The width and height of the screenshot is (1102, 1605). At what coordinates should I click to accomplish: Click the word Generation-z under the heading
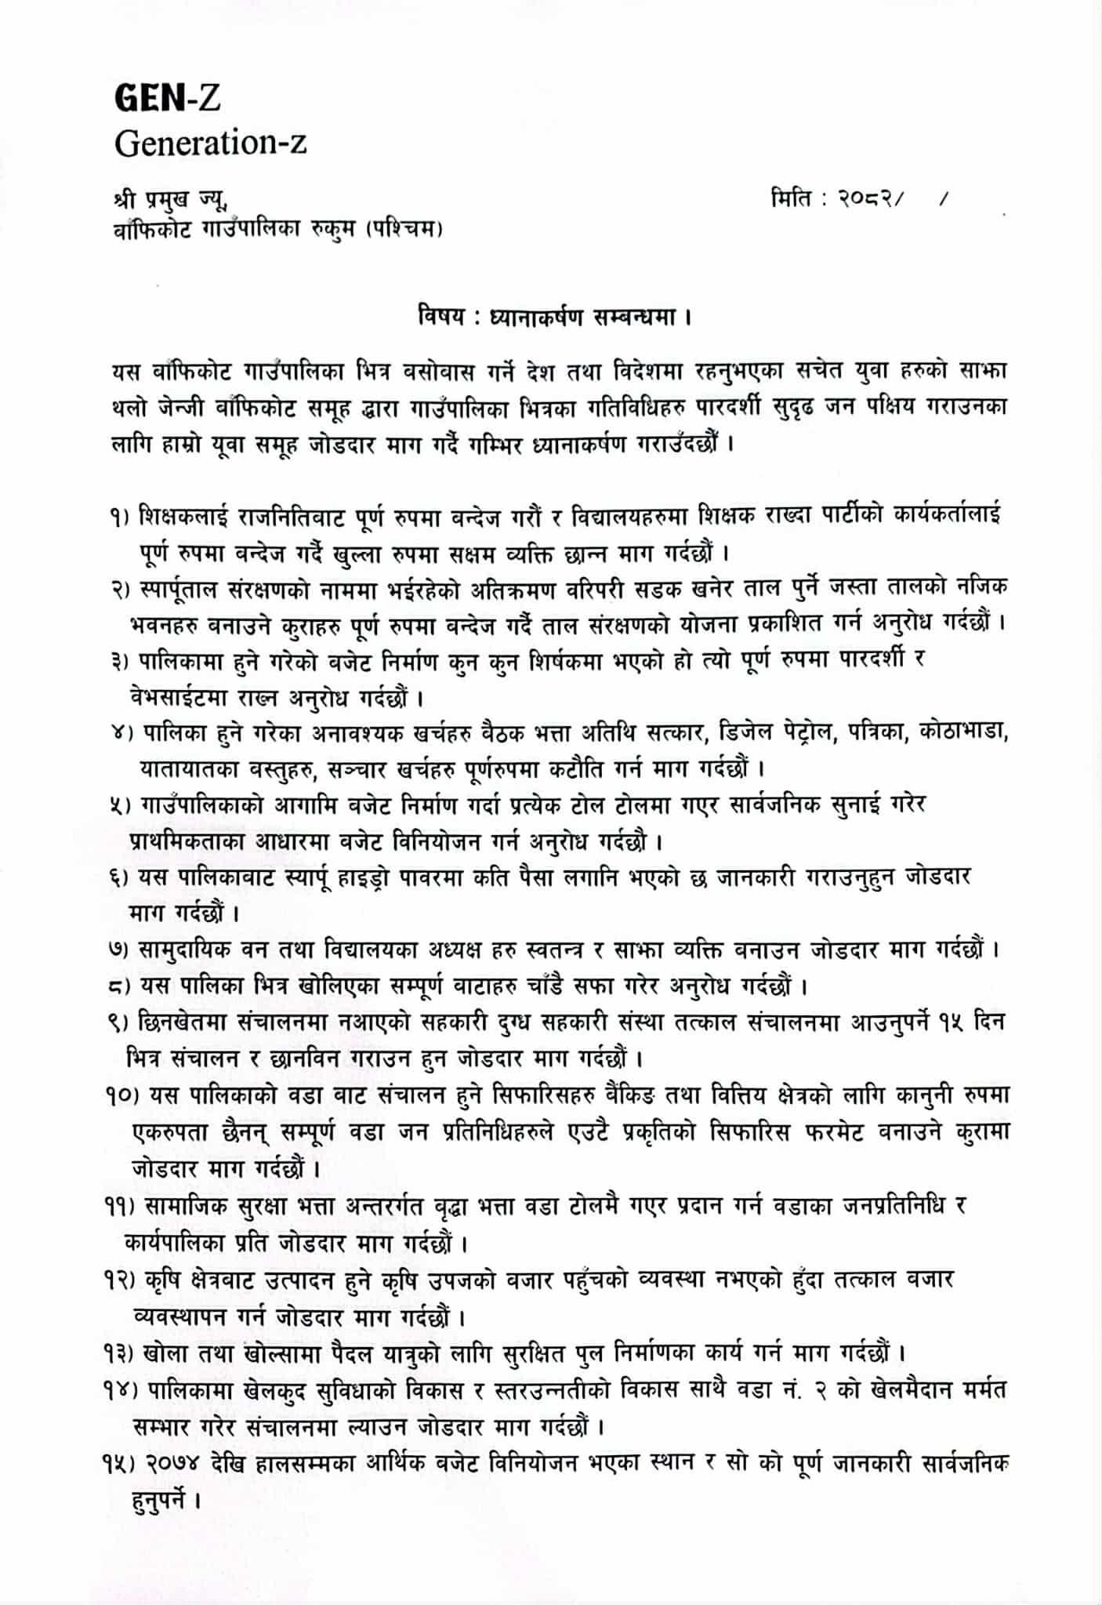tap(210, 143)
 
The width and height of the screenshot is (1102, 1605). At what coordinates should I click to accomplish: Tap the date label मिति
tap(792, 200)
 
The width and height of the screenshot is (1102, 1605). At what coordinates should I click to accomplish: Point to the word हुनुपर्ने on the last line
tap(161, 1501)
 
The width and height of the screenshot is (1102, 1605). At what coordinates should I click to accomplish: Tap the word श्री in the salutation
tap(126, 200)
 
